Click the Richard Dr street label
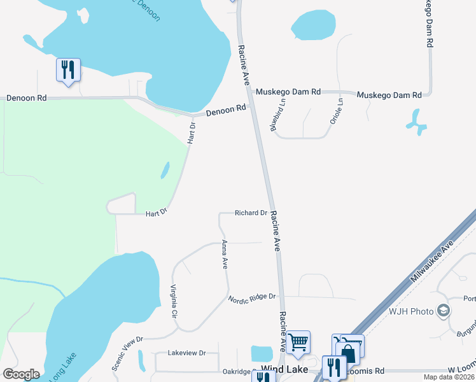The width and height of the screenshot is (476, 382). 250,213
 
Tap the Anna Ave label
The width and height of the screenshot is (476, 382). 224,255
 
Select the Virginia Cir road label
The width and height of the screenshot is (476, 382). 173,301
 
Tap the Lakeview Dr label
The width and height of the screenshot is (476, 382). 187,353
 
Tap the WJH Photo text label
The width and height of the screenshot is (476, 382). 411,311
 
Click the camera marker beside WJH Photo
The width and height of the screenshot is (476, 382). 444,311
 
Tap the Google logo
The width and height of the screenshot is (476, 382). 21,374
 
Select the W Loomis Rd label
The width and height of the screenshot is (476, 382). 462,369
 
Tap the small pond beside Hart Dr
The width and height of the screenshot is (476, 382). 165,170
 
